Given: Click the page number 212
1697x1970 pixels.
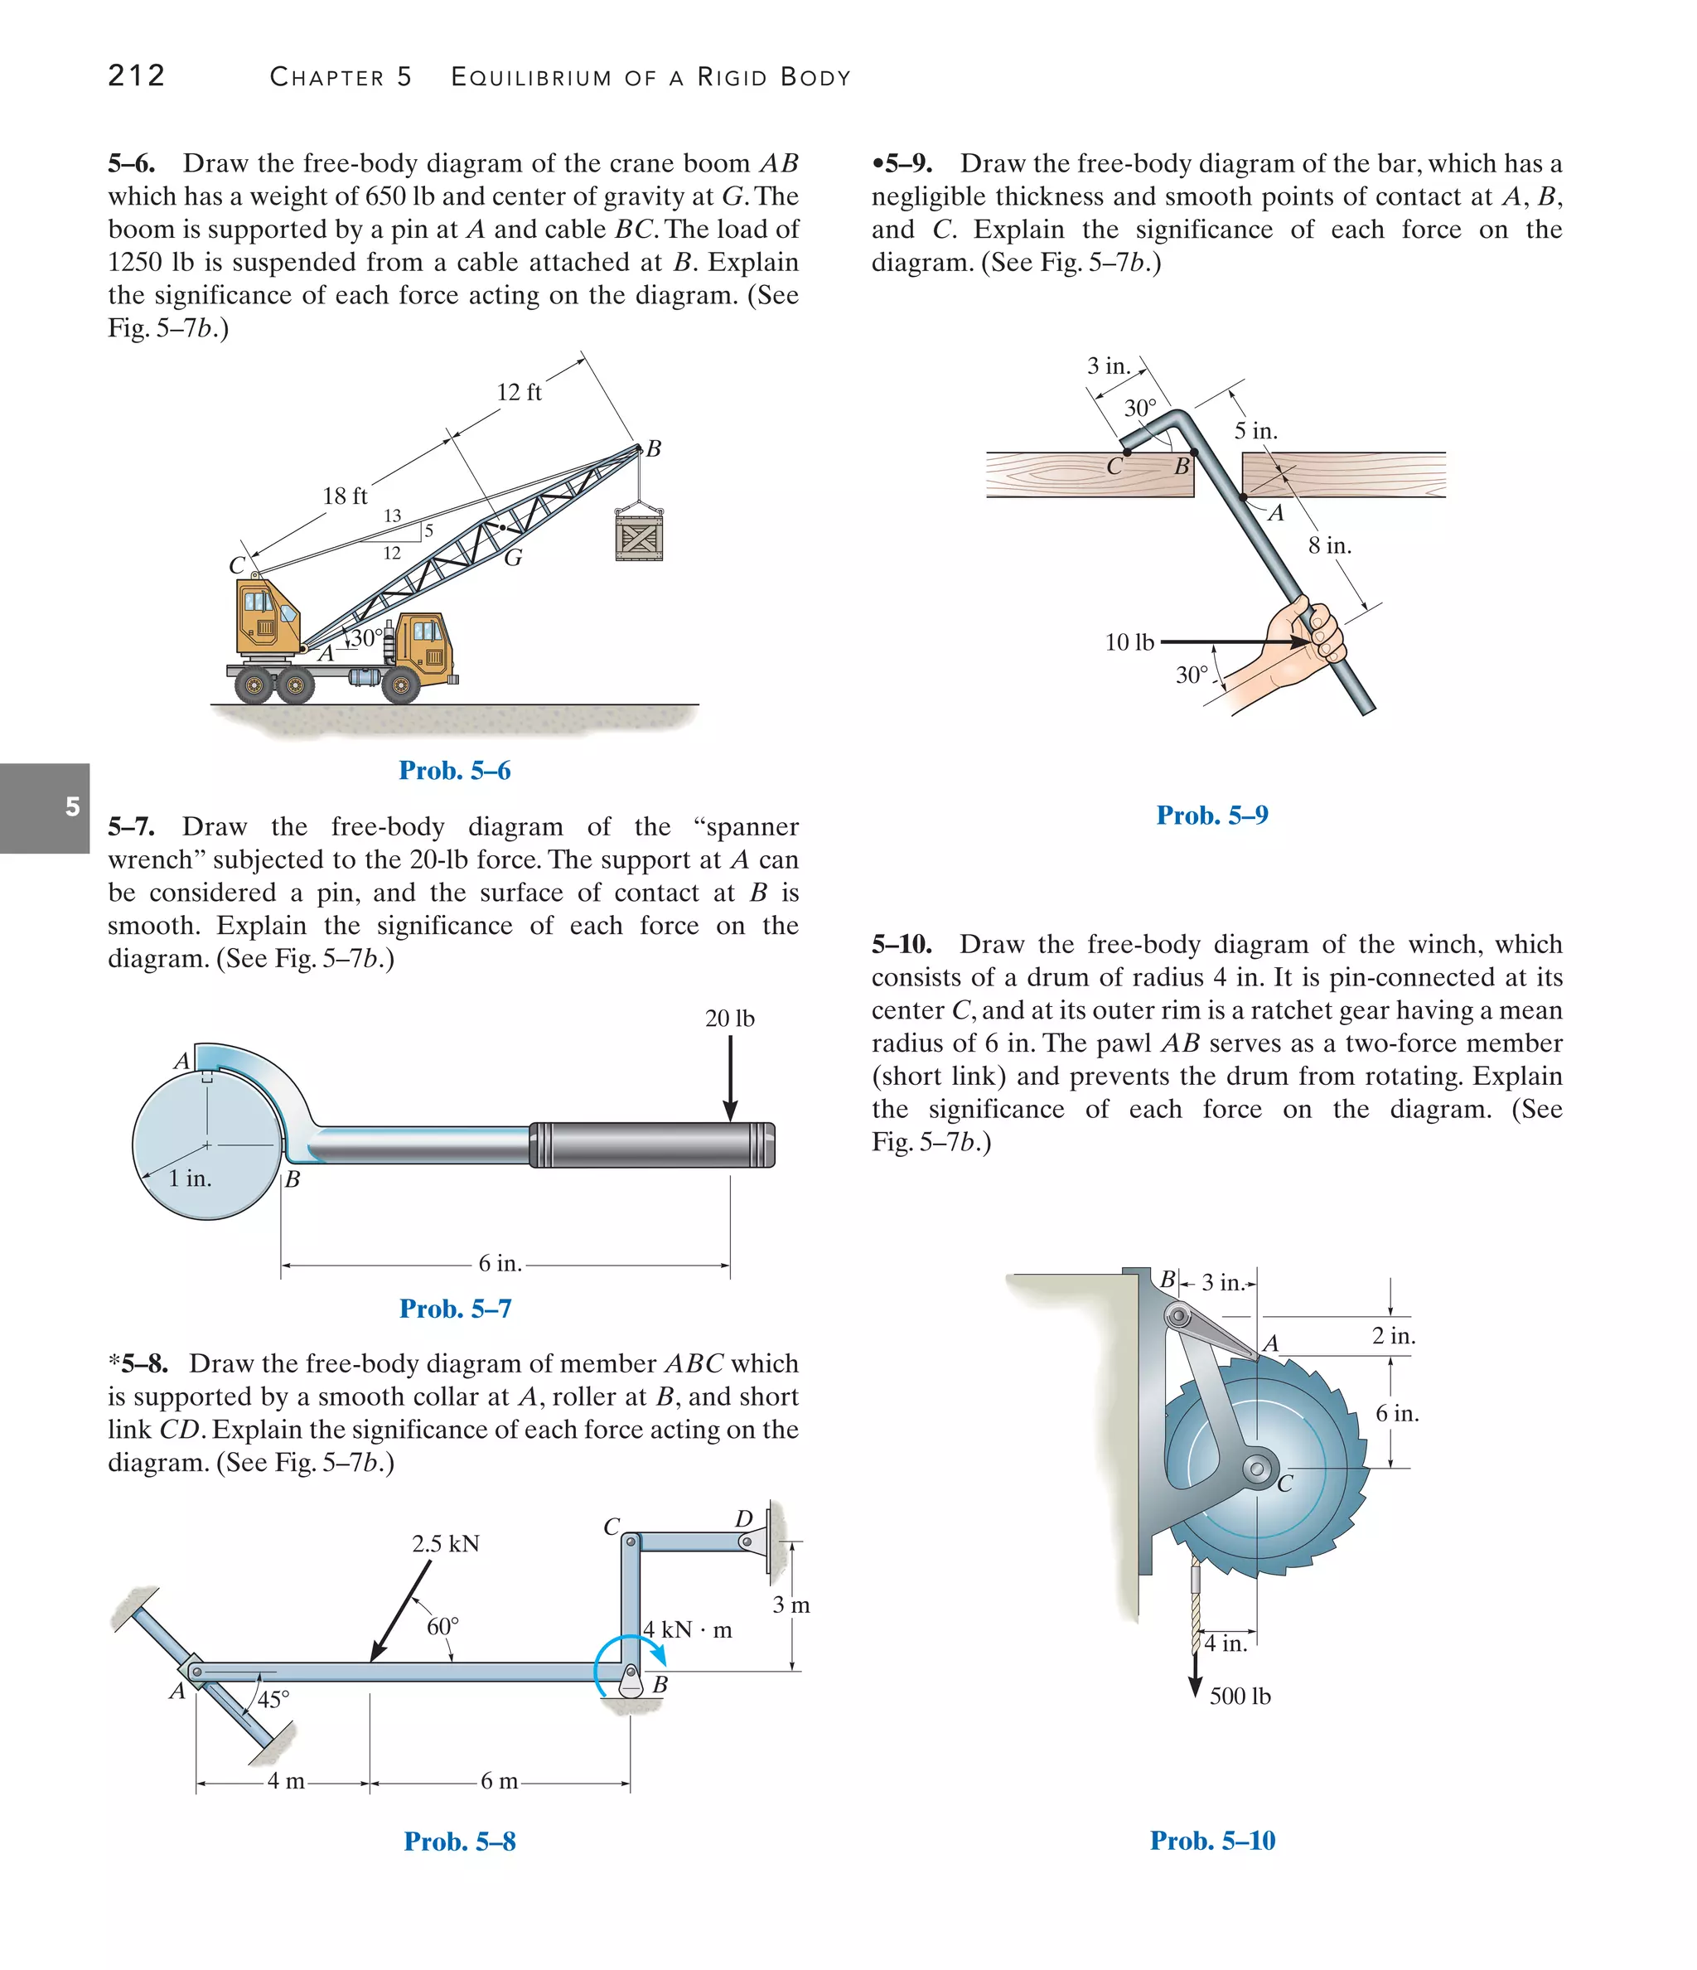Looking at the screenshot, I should point(137,75).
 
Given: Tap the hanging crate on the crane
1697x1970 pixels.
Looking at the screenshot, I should point(639,537).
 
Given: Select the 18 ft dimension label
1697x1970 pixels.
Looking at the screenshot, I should point(344,496).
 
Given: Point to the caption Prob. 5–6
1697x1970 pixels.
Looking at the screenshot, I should point(454,770).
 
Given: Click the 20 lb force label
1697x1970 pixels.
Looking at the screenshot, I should point(729,1019).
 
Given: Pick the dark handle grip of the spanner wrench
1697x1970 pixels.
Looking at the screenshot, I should point(652,1145).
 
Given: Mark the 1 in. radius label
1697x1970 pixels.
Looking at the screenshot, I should point(190,1179).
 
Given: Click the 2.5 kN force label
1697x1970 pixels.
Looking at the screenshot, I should point(445,1543).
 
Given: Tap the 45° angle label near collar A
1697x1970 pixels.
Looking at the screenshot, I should point(273,1699).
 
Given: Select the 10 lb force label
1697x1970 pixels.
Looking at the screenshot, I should point(1129,643).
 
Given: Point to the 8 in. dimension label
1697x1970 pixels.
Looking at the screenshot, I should point(1329,545).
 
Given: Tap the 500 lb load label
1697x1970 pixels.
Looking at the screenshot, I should point(1240,1697).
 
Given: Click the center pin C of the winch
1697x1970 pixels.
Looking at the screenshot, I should point(1257,1469).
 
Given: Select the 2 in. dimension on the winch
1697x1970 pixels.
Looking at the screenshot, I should point(1394,1336).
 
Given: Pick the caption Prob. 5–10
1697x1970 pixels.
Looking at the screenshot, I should point(1212,1841).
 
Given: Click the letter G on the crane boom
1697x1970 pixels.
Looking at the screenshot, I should point(514,558).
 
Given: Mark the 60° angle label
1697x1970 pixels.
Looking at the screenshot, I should point(442,1627).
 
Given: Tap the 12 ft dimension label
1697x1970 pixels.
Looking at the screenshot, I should point(519,392).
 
